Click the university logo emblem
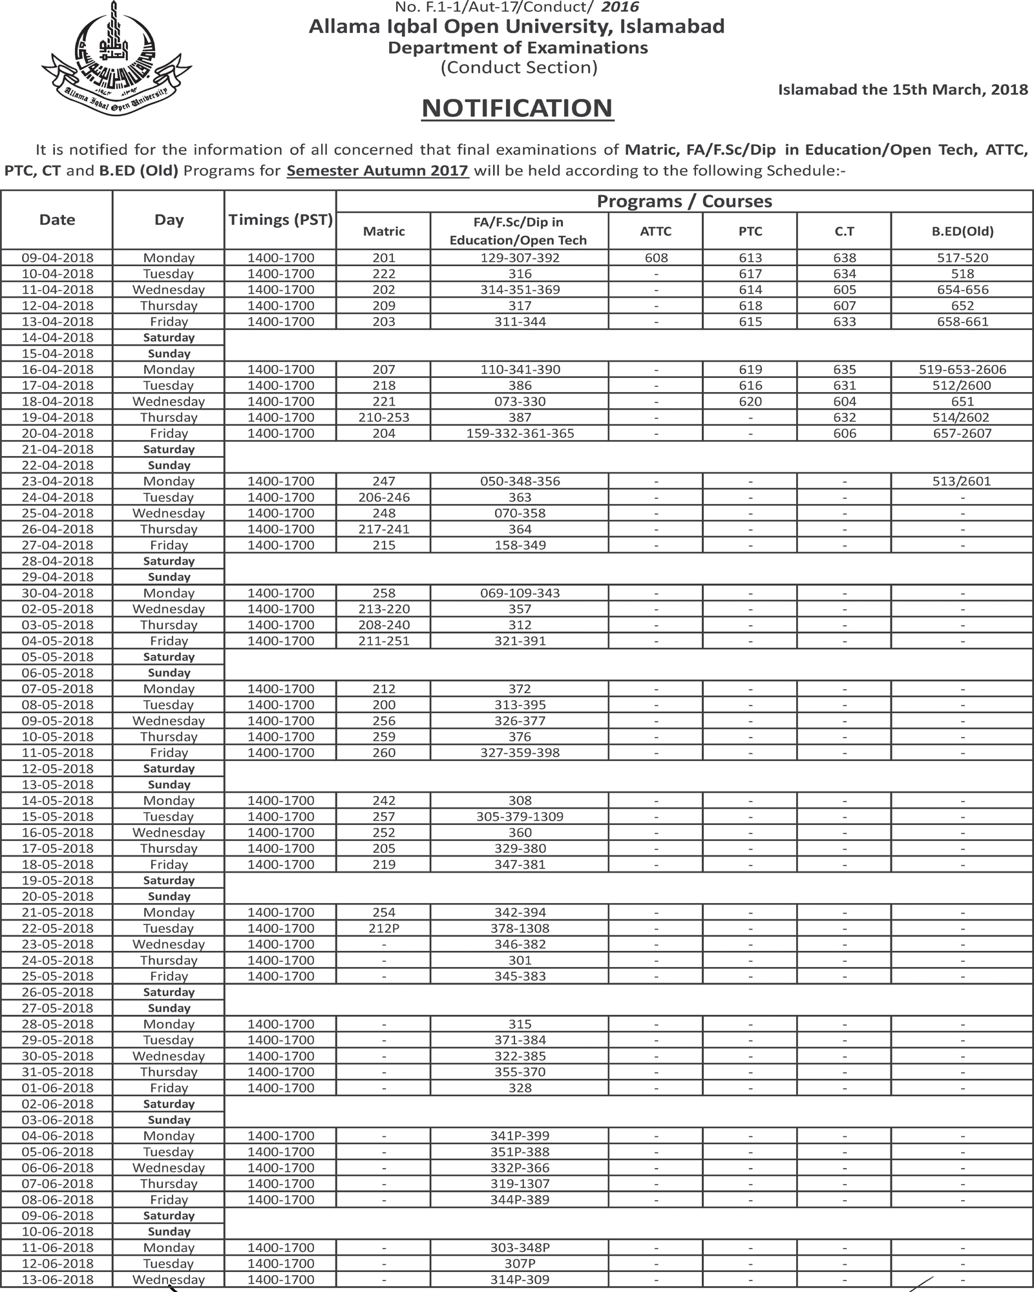[116, 62]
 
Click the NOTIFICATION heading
[517, 108]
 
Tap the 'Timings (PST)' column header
[280, 220]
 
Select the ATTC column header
[655, 231]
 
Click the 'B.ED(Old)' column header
[962, 231]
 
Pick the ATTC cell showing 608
[655, 258]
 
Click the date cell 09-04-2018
[57, 258]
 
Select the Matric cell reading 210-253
[384, 417]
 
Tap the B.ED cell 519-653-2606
[962, 370]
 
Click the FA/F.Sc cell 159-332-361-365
[520, 433]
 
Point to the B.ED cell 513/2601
[962, 481]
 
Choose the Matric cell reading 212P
[384, 928]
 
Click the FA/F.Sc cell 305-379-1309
[520, 817]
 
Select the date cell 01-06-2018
[57, 1088]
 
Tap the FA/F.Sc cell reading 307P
[520, 1264]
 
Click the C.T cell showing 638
[844, 258]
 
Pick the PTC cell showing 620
[750, 401]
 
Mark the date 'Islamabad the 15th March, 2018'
[902, 89]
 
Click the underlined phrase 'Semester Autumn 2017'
[377, 171]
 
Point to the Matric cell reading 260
[384, 753]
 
